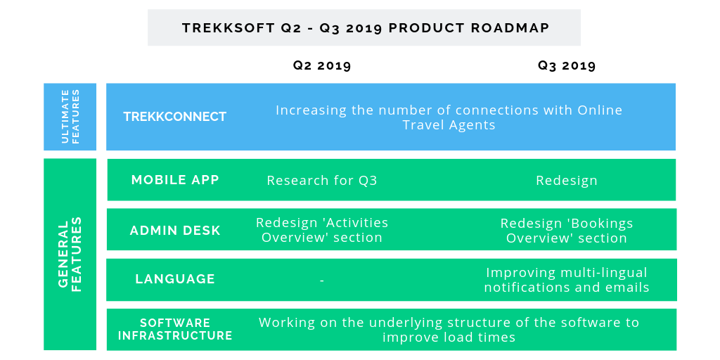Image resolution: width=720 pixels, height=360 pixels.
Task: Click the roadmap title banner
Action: coord(364,27)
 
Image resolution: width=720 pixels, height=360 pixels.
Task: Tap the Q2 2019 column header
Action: coord(322,65)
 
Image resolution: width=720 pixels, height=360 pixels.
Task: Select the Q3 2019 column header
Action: coord(567,65)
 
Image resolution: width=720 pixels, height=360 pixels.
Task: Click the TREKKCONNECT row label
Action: coord(175,117)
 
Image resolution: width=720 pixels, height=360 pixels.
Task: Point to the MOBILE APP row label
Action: coord(175,179)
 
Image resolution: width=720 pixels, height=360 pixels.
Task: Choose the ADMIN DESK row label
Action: coord(175,230)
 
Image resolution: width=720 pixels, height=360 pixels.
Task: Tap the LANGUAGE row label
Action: coord(175,278)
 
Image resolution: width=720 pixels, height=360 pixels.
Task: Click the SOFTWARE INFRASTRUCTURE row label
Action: coord(175,329)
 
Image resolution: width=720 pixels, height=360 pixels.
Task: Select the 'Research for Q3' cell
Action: coord(322,181)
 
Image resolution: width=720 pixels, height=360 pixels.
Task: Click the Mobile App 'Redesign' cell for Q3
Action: coord(567,181)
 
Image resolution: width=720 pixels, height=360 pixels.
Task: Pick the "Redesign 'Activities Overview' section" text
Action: coord(322,230)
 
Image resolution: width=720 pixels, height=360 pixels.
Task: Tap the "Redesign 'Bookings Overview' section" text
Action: coord(567,231)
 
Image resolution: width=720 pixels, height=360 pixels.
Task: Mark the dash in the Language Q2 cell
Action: coord(322,280)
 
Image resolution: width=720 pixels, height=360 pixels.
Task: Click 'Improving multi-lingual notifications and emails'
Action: coord(567,280)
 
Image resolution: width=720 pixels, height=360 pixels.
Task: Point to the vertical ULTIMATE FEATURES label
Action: coord(70,117)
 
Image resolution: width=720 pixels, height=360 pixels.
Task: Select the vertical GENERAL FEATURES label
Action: coord(70,255)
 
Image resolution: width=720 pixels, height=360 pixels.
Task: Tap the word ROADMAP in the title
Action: coord(510,28)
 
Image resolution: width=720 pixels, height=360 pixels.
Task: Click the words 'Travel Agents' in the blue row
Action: coord(449,125)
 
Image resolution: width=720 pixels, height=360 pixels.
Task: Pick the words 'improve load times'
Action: coord(449,337)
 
